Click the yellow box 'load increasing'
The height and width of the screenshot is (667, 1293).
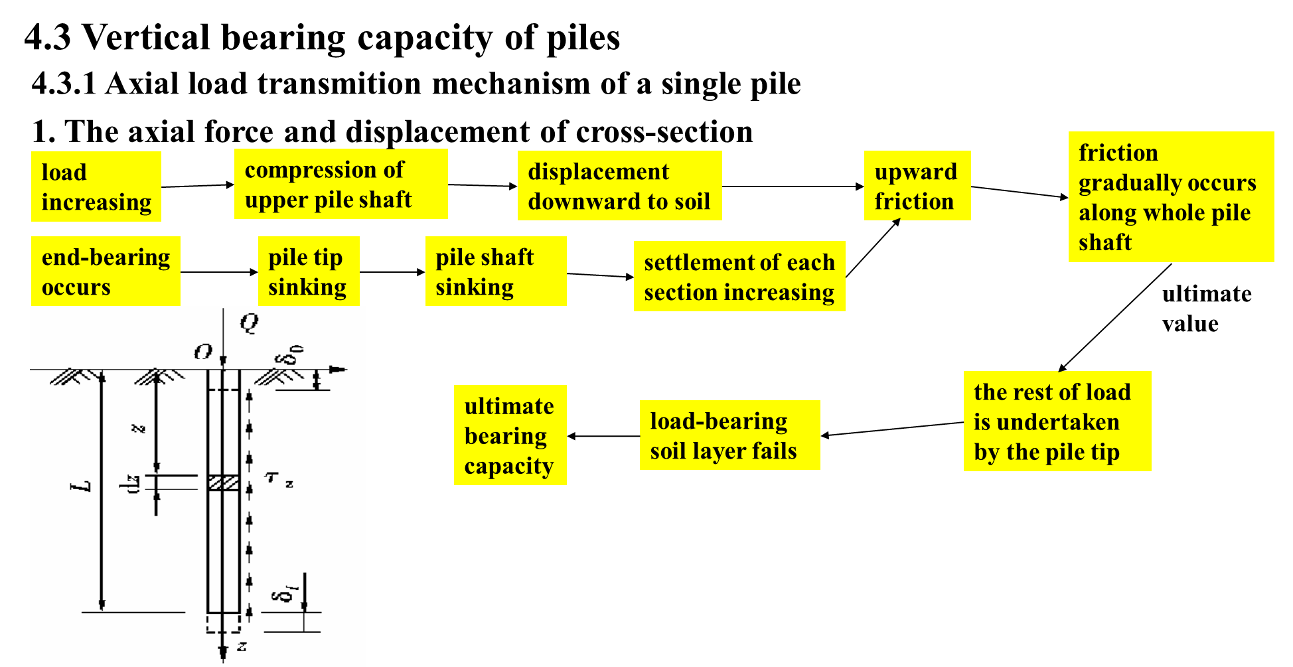coord(96,186)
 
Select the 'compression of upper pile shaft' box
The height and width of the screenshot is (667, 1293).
coord(341,184)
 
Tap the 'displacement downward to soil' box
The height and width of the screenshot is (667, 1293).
coord(619,186)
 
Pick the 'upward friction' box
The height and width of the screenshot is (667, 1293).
coord(917,186)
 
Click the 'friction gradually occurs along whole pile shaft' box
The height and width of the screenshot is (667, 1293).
coord(1171,197)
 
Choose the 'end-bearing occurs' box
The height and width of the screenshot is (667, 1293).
coord(106,271)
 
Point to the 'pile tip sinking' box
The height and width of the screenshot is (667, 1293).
coord(309,271)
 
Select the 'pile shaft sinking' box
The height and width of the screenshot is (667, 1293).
coord(496,271)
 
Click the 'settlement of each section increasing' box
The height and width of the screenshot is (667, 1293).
coord(739,276)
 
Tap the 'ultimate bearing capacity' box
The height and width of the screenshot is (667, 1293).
coord(510,435)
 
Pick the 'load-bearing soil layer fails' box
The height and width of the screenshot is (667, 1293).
coord(729,435)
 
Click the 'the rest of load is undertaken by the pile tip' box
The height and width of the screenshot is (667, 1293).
coord(1057,421)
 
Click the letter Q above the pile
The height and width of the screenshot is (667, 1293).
coord(250,323)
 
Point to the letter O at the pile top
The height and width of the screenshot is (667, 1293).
coord(202,352)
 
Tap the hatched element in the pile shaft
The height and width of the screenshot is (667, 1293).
coord(224,482)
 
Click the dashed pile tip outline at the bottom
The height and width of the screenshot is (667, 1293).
coord(224,623)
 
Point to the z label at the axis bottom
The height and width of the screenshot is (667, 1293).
coord(242,646)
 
